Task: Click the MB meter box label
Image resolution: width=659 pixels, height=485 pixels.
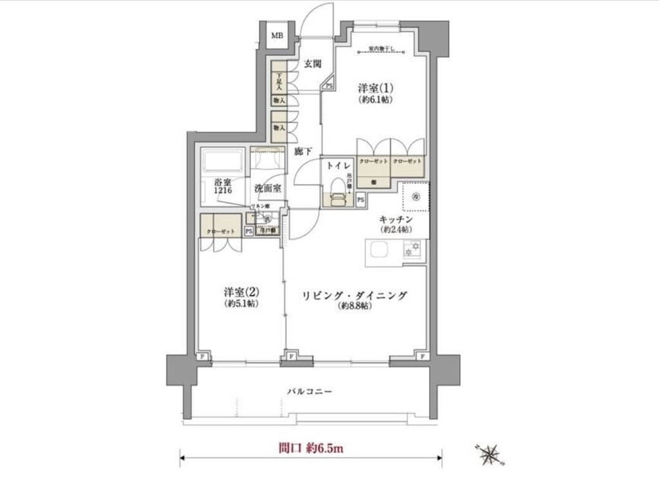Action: click(277, 35)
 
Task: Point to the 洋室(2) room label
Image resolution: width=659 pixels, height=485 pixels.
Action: click(241, 291)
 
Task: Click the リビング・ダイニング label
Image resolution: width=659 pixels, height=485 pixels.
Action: click(355, 295)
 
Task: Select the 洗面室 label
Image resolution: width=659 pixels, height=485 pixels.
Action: click(267, 189)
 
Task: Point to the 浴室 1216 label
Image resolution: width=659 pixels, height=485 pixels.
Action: click(219, 187)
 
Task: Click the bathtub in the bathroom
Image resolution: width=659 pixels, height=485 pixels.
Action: click(222, 161)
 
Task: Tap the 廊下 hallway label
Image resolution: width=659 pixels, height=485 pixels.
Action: click(302, 152)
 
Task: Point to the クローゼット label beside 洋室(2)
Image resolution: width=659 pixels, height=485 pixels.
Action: click(221, 232)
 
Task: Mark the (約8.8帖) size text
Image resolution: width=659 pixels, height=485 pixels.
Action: click(355, 307)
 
